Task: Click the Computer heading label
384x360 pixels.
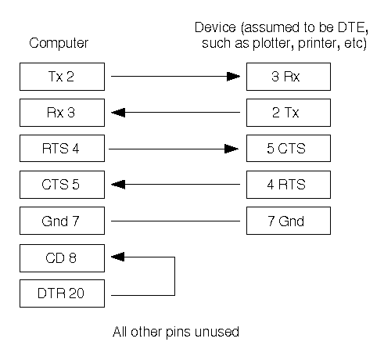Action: point(59,43)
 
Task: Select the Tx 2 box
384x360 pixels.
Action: point(62,77)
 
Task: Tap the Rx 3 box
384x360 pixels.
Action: point(62,113)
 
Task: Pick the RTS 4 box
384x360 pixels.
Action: point(62,149)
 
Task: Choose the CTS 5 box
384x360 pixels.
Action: point(62,185)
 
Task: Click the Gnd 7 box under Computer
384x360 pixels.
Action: point(62,221)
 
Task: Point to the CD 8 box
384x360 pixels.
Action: point(62,258)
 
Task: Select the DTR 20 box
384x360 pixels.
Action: point(62,293)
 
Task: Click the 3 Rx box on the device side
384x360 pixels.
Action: point(289,77)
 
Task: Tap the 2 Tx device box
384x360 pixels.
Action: point(289,113)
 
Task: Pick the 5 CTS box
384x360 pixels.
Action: point(289,149)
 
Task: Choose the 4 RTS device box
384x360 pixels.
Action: point(289,185)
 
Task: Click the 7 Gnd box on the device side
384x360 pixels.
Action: point(289,221)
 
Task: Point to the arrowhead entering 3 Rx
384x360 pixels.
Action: point(233,77)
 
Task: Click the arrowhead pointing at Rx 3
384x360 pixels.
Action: point(118,113)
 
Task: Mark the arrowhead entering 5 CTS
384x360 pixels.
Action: point(231,149)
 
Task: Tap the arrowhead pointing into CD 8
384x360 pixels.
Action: point(118,257)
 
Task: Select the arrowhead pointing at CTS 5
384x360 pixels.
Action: point(118,185)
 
